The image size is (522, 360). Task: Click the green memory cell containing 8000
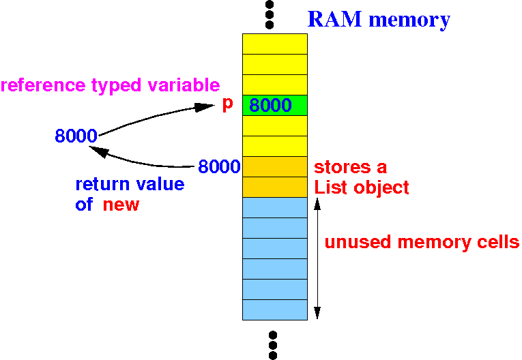pyautogui.click(x=275, y=105)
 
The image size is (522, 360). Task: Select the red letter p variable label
pyautogui.click(x=228, y=104)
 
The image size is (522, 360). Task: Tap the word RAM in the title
pyautogui.click(x=334, y=19)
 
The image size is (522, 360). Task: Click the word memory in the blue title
pyautogui.click(x=409, y=20)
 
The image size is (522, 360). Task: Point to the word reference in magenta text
pyautogui.click(x=43, y=85)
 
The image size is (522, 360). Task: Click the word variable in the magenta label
pyautogui.click(x=184, y=85)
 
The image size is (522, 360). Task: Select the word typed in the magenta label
pyautogui.click(x=117, y=86)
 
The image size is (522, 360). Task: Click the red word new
pyautogui.click(x=121, y=205)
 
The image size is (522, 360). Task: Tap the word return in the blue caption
pyautogui.click(x=102, y=184)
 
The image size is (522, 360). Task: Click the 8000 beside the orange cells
pyautogui.click(x=219, y=166)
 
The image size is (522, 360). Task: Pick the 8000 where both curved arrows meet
pyautogui.click(x=76, y=136)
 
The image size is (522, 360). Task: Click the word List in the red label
pyautogui.click(x=331, y=187)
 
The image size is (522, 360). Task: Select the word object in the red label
pyautogui.click(x=381, y=188)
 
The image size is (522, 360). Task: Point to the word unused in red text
pyautogui.click(x=358, y=242)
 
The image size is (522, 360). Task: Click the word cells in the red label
pyautogui.click(x=498, y=242)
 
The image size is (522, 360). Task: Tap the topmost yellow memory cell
pyautogui.click(x=275, y=44)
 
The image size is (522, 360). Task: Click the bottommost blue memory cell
pyautogui.click(x=275, y=310)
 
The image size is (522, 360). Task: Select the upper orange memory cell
pyautogui.click(x=275, y=166)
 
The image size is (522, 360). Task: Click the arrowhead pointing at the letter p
pyautogui.click(x=205, y=107)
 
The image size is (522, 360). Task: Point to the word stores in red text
pyautogui.click(x=343, y=167)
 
